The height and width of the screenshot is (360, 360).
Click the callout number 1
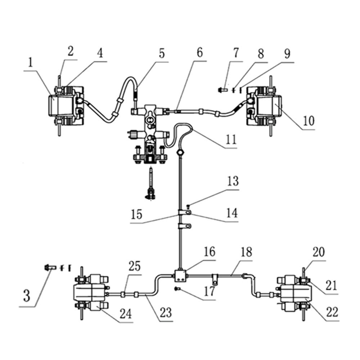point(30,64)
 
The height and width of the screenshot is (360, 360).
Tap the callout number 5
point(162,54)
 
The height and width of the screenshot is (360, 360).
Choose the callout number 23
point(166,312)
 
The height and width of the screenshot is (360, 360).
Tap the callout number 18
point(247,252)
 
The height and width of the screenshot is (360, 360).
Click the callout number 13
point(233,181)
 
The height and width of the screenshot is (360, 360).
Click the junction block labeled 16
point(180,275)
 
